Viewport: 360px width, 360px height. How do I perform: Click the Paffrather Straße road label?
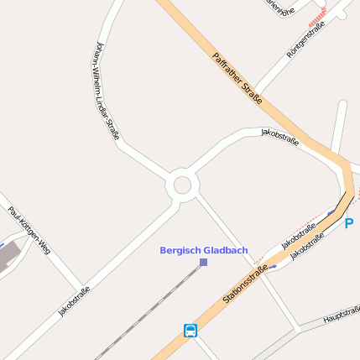click(x=237, y=79)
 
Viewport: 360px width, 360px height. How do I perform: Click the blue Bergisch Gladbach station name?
click(x=203, y=250)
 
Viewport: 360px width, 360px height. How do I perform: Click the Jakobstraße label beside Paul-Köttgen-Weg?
click(x=74, y=301)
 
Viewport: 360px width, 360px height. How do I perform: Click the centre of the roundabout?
click(x=181, y=185)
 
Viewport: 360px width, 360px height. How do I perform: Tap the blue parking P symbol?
click(x=349, y=223)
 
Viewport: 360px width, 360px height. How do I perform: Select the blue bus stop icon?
click(x=190, y=331)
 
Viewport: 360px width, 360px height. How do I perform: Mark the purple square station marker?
click(x=203, y=263)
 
